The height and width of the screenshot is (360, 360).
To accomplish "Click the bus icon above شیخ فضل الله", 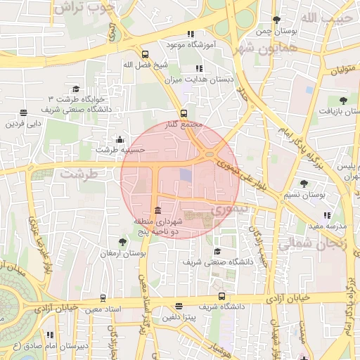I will [145, 54].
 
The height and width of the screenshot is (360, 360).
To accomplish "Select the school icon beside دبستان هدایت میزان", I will [198, 69].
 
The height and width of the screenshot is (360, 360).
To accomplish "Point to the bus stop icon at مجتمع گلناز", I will [184, 112].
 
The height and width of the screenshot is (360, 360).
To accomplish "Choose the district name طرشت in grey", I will [77, 172].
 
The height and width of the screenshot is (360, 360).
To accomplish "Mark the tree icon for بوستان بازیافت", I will [343, 101].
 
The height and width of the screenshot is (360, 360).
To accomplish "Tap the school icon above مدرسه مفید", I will [326, 215].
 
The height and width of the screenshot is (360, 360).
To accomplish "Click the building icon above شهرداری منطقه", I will [156, 211].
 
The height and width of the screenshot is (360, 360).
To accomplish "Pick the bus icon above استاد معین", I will [103, 298].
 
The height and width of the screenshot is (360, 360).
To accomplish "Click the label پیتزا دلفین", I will [181, 317].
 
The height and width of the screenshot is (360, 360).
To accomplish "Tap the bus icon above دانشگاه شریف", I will [180, 306].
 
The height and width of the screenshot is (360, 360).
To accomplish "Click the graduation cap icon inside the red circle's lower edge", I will [217, 251].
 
